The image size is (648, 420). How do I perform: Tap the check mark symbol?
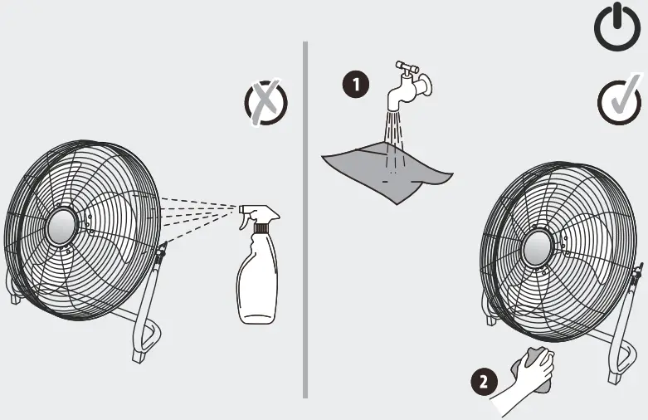coord(618,103)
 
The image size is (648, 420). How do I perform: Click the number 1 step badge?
coord(356,83)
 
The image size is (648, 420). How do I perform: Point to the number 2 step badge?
coord(483,382)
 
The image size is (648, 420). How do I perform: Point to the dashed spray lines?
coord(199,212)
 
